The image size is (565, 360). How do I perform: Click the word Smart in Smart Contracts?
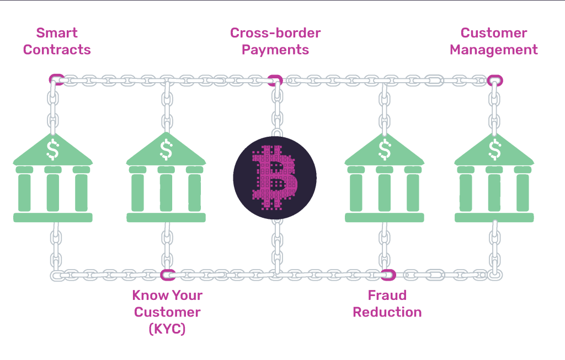coord(57,33)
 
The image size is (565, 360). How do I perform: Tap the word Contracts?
coord(57,50)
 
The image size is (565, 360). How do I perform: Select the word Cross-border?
coord(275,33)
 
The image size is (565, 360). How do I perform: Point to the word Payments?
coord(275,50)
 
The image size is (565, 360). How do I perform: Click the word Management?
coord(493,50)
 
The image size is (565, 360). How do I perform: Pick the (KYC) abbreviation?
coord(167,329)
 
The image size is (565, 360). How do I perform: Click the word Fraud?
coord(387,295)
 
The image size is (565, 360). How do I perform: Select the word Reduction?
coord(387,312)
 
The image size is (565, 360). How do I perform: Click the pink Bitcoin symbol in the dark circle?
coord(274,176)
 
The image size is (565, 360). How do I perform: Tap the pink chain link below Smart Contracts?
coord(56,79)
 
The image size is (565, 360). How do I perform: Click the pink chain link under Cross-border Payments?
coord(275,80)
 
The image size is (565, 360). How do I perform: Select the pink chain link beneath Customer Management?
coord(495,80)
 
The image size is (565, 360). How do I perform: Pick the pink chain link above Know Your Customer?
coord(167,274)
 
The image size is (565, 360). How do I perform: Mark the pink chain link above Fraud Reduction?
coord(388,274)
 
